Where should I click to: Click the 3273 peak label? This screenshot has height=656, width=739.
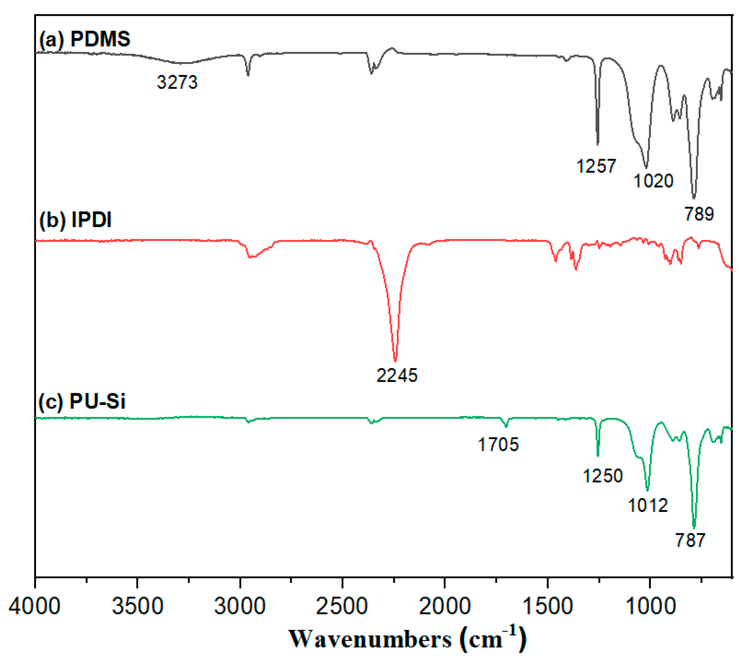(x=177, y=82)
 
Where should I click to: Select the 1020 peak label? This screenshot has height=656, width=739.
(x=653, y=181)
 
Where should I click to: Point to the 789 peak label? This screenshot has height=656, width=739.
(x=699, y=214)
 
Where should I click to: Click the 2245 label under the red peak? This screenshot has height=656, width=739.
(x=397, y=375)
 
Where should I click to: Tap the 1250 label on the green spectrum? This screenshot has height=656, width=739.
(x=602, y=475)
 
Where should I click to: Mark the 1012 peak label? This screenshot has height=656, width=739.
(x=647, y=505)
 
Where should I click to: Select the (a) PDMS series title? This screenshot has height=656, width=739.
(x=84, y=39)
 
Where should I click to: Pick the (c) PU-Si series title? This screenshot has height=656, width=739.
(x=82, y=401)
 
